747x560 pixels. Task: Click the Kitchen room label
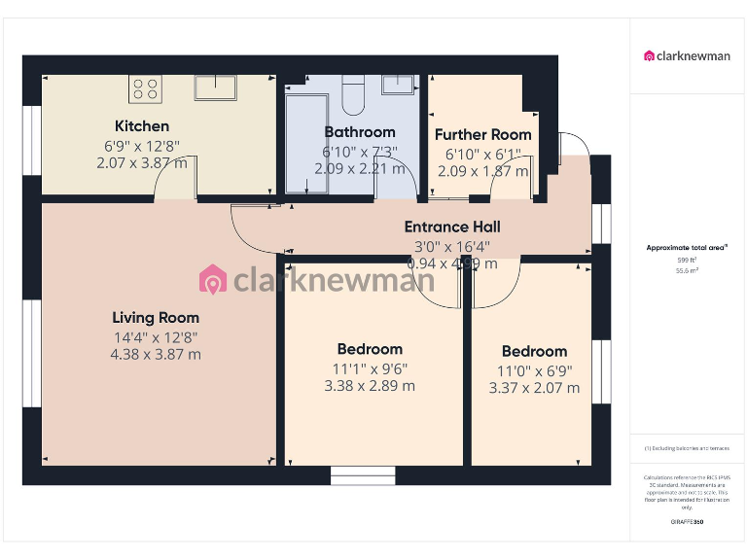point(142,126)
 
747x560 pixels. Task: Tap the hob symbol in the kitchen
point(145,88)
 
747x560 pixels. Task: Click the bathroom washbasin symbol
point(399,85)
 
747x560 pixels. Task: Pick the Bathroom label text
point(360,132)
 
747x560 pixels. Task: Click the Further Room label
point(483,135)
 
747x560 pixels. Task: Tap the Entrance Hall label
point(452,227)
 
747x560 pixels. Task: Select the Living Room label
point(156,318)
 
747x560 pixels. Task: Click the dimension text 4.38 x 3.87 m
point(156,355)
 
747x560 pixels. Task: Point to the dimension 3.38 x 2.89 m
point(370,386)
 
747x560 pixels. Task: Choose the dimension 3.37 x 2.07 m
point(534,388)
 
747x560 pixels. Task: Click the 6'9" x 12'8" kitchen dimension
point(142,146)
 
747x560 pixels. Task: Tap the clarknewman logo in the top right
point(687,55)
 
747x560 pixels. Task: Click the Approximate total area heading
point(687,248)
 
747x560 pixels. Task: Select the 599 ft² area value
point(687,261)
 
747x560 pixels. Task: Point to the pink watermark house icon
point(212,280)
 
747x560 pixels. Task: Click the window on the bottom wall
point(363,475)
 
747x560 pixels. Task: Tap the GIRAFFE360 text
point(687,522)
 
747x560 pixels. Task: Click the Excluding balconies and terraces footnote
point(687,448)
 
